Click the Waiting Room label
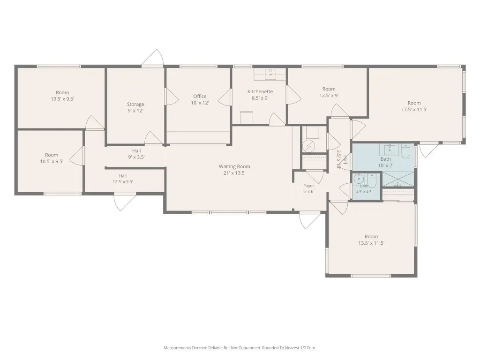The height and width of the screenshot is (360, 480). tap(234, 166)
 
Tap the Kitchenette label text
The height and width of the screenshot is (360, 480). tap(260, 91)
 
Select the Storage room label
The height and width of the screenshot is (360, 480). tap(135, 105)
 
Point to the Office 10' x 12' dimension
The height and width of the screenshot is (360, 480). tap(200, 103)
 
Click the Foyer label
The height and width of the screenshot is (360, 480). tap(308, 186)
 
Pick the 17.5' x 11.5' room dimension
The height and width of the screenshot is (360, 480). tap(414, 110)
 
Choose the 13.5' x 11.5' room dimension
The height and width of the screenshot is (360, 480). tap(371, 243)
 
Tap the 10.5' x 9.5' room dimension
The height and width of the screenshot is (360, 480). tap(52, 162)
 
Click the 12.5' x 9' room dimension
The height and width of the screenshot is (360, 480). tap(329, 96)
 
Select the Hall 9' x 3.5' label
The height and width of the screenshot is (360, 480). tap(136, 154)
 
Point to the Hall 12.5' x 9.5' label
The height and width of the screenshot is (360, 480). tap(123, 179)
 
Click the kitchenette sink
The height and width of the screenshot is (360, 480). tap(270, 73)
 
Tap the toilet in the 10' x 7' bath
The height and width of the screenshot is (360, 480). tap(405, 151)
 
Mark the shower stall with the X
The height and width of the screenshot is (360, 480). tap(398, 180)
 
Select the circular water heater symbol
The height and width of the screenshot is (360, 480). tap(308, 146)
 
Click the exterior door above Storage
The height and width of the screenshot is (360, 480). tap(152, 58)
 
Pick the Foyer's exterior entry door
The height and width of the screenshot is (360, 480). tap(311, 220)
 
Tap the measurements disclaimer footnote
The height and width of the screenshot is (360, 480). tap(240, 348)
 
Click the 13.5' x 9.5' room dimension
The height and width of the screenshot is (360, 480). tap(62, 99)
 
